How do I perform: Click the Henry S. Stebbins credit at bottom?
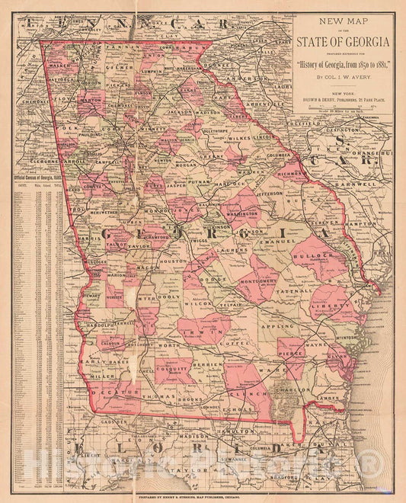[x=203, y=496]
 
